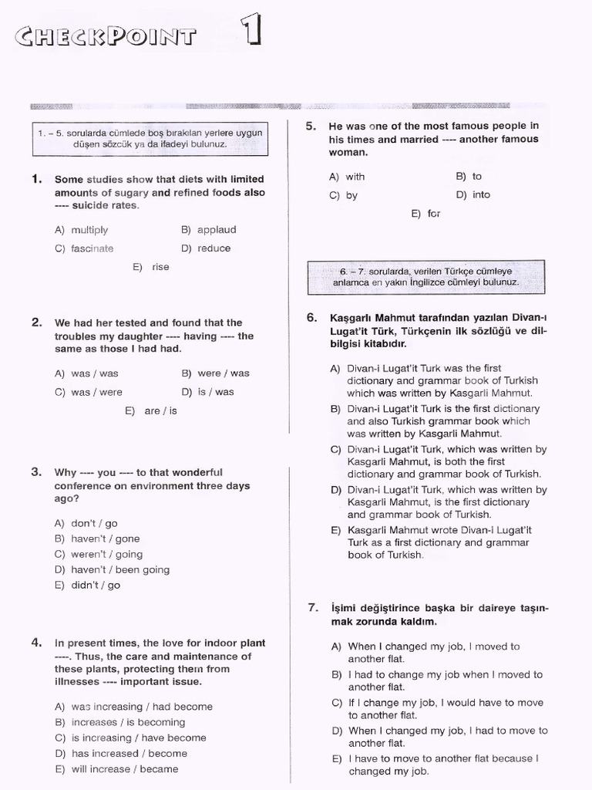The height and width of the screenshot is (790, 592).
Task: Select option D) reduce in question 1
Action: (x=206, y=248)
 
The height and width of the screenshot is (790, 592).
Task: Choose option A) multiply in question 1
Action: (x=81, y=230)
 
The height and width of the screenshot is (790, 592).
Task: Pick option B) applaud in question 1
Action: (x=208, y=230)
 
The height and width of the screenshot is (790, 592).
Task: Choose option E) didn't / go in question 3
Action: (x=87, y=586)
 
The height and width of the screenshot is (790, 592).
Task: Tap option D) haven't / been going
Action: (x=112, y=570)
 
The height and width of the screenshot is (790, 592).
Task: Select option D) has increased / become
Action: (x=120, y=754)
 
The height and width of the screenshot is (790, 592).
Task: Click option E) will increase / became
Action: (x=116, y=769)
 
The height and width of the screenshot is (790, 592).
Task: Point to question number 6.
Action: (x=311, y=317)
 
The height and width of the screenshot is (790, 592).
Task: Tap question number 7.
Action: (x=312, y=607)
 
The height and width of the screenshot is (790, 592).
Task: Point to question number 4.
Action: (x=36, y=642)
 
